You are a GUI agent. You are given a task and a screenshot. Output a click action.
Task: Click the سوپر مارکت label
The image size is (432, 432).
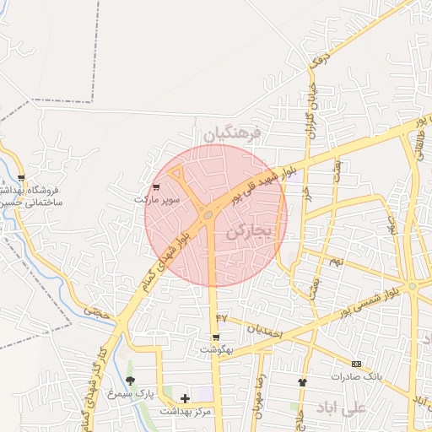coord(158,199)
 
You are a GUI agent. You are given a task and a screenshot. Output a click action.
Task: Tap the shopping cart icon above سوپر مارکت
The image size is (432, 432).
coord(156,187)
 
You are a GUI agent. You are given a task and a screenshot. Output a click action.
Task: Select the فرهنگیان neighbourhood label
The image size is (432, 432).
coord(234,132)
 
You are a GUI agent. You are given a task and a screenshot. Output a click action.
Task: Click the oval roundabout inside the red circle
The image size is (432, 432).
coord(208,216)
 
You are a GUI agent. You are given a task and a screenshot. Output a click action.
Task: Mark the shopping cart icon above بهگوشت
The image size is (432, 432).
coord(216,337)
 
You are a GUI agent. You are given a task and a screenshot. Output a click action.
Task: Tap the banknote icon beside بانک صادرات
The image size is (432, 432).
coord(357,364)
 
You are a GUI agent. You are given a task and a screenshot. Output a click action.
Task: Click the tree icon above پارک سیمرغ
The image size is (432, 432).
coord(130,381)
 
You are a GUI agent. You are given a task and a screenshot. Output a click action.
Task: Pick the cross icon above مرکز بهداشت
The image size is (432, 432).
coord(185,397)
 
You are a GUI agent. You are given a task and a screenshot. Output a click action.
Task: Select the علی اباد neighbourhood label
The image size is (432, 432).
coord(342,408)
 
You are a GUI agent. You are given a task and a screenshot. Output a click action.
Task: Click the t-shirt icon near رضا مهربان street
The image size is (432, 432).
coord(302,382)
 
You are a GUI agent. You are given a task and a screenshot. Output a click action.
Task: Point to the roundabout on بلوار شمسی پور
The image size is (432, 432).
coord(412,287)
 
